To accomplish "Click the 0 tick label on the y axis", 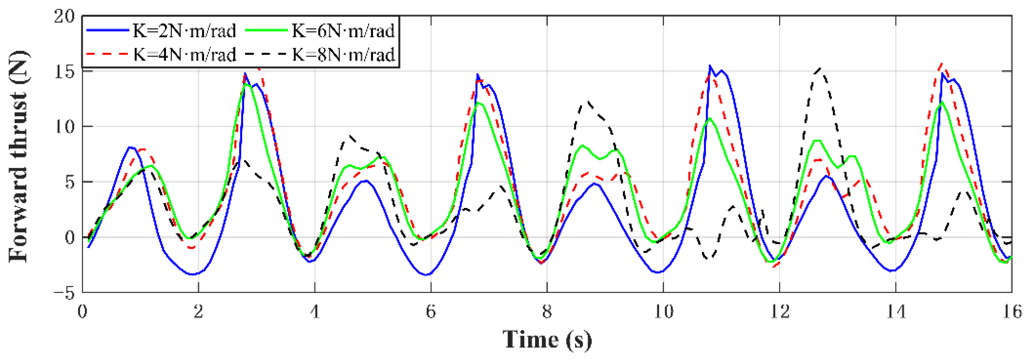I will tap(70, 237).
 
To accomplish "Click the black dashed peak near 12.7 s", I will tap(820, 69).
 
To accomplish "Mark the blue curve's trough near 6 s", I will tap(427, 275).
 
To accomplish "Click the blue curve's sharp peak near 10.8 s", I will tap(710, 66).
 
